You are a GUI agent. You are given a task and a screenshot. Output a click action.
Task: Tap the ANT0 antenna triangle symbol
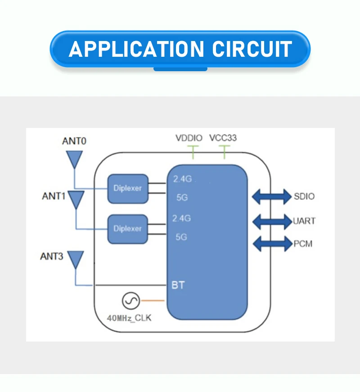74,159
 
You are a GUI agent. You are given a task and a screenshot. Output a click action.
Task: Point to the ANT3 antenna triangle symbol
75,260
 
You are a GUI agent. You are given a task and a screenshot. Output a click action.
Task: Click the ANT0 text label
74,141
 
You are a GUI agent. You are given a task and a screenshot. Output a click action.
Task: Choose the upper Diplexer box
127,188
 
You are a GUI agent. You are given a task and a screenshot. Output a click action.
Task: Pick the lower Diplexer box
127,228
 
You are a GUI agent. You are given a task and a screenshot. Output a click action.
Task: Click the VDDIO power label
189,138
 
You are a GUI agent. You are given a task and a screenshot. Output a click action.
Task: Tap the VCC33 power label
223,138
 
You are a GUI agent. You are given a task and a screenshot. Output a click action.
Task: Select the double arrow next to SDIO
271,196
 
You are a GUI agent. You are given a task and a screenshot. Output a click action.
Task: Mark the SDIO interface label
304,196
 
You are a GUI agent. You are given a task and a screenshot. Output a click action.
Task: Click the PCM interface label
303,244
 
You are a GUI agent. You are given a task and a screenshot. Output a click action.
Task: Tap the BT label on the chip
178,285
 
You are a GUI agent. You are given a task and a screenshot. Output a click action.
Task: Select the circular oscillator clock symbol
131,301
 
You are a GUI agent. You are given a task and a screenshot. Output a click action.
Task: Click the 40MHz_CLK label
129,318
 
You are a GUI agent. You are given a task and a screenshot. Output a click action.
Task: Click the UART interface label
304,221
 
